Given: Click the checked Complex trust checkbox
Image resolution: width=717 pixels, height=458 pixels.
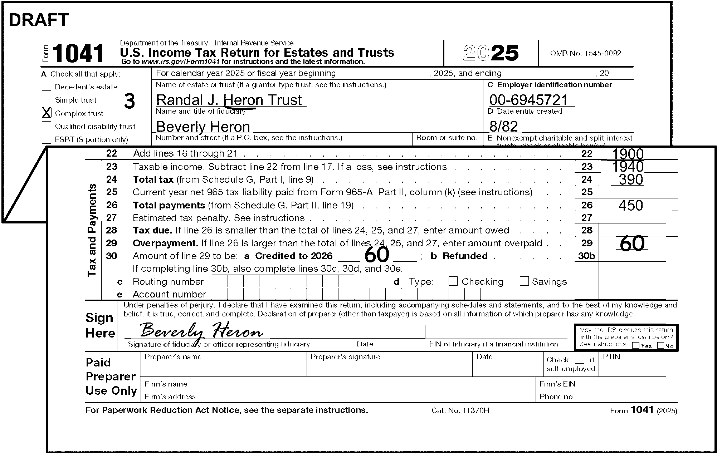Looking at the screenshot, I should point(47,113).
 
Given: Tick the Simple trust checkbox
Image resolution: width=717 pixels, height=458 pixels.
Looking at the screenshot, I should point(47,99).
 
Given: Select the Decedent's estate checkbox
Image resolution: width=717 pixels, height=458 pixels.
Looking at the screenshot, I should point(47,86).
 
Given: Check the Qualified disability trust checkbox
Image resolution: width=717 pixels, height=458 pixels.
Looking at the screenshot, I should point(47,126).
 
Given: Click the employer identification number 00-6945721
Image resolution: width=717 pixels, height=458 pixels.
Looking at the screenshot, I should point(528,100).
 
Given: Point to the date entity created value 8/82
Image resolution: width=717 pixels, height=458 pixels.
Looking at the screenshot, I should point(503,127).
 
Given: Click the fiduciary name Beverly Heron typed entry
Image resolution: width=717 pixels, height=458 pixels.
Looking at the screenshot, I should point(203,127).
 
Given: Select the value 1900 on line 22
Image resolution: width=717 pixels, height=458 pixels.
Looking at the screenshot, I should point(628,154).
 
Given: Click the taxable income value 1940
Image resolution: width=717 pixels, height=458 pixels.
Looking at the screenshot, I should point(628,166).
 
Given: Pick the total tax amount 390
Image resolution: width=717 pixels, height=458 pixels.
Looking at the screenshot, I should point(631,179).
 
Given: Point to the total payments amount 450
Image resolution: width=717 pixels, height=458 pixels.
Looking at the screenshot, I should point(631,206).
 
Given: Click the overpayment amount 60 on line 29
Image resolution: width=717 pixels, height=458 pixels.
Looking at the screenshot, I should point(632,243).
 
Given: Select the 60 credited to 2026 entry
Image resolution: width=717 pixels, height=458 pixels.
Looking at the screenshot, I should point(377,255).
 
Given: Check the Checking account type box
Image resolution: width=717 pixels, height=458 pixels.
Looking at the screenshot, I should point(453,281).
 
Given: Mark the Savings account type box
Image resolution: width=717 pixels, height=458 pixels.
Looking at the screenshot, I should point(524,281).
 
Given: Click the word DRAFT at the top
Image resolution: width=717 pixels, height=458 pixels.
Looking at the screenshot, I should point(39,20).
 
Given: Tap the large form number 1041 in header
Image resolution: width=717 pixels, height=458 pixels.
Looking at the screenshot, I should point(78,54).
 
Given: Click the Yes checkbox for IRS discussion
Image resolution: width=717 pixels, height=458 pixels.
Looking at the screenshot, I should point(636,346).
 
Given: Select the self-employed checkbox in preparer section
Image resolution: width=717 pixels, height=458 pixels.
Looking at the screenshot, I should point(579,359).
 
